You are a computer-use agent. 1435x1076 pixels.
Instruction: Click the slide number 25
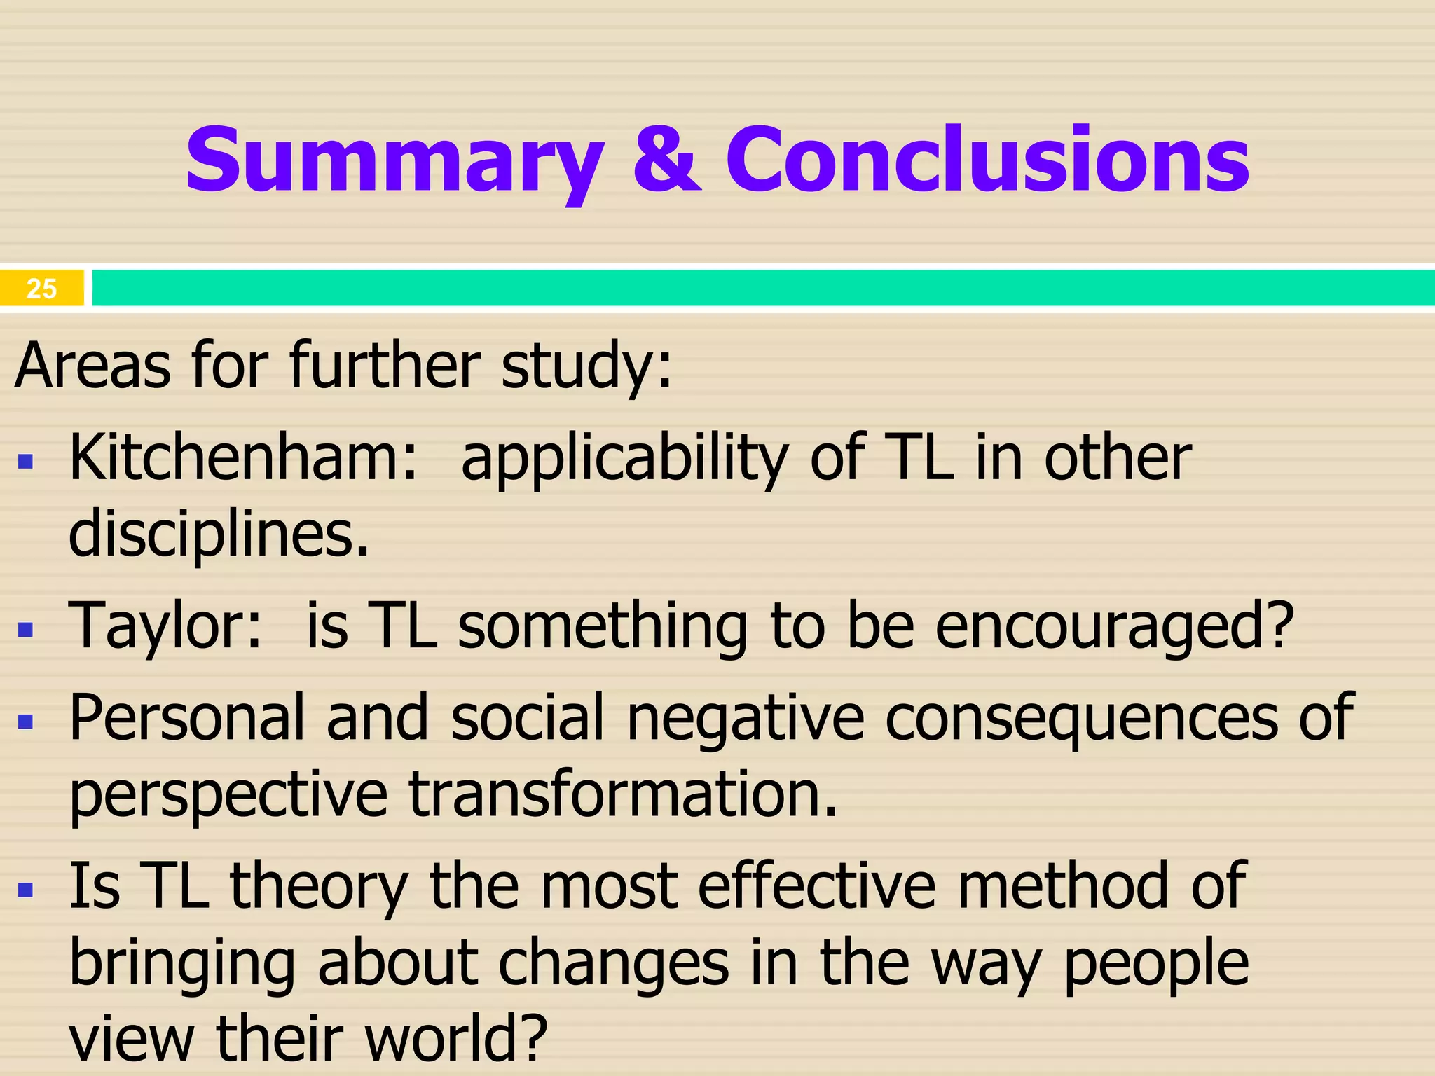click(41, 289)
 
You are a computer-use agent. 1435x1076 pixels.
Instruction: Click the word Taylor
click(164, 625)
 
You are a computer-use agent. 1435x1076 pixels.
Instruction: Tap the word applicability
click(624, 460)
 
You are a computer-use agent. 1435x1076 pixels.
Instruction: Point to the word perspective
click(228, 795)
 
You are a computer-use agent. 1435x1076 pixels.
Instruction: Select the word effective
click(816, 886)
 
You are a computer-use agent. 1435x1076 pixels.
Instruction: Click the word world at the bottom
click(455, 1038)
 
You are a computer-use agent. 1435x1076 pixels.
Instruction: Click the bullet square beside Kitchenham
click(26, 462)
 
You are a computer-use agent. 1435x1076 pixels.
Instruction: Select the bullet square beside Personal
click(26, 722)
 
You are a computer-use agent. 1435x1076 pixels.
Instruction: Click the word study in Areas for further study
click(585, 366)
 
